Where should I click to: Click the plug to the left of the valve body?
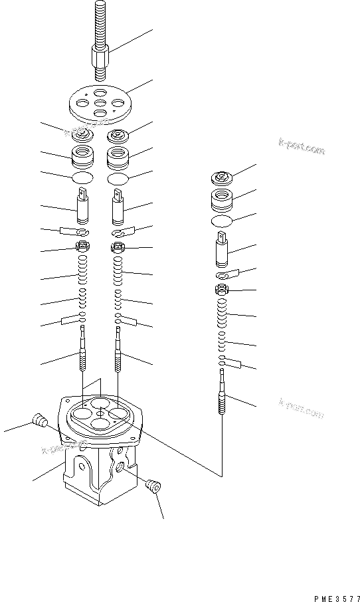coord(39,421)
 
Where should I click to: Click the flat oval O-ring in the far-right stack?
coord(222,221)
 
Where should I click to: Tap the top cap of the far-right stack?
coord(221,179)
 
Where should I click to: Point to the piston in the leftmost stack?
coord(83,207)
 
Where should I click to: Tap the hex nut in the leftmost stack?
coord(83,248)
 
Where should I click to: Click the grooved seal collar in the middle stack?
coord(118,159)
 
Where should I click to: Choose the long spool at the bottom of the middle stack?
coord(118,352)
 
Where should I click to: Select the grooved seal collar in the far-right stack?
coord(222,199)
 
